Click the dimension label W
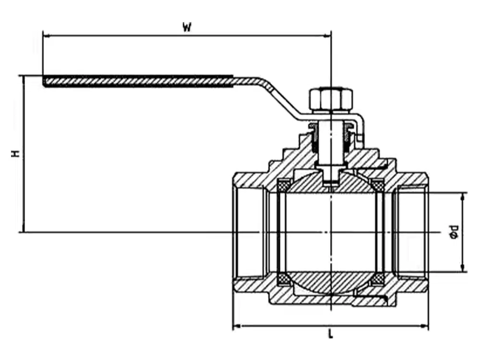click(x=187, y=27)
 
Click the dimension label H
click(x=16, y=154)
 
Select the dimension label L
click(x=330, y=335)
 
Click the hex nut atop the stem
click(x=331, y=99)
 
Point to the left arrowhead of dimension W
click(x=46, y=35)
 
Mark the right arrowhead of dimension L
click(x=425, y=326)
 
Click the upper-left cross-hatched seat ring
click(x=284, y=184)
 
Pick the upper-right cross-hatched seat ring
click(x=378, y=184)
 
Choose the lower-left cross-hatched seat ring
click(x=284, y=279)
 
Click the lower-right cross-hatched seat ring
click(x=378, y=279)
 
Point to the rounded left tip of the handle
click(x=45, y=81)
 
